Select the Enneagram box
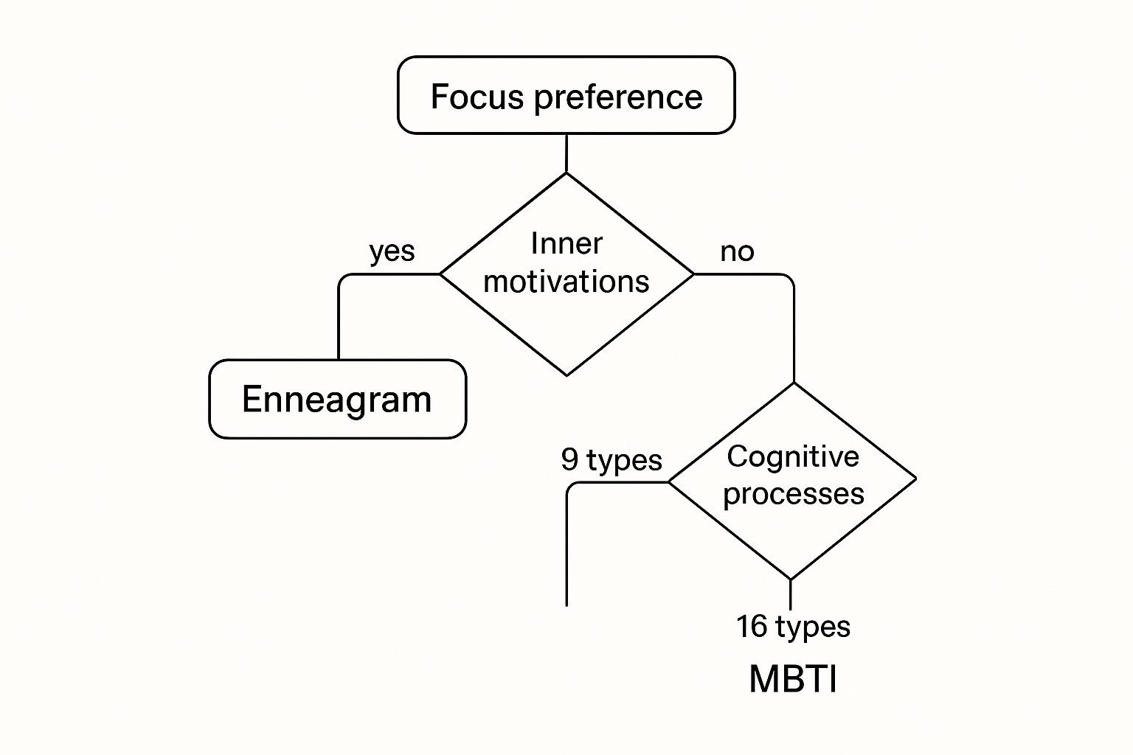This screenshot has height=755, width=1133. pos(337,399)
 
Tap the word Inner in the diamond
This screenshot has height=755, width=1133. pos(566,243)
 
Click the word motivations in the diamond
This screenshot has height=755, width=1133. pos(566,282)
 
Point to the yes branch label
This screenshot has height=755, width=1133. pos(392,251)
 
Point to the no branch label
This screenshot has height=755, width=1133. pos(737,251)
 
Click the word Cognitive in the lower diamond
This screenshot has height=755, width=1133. pos(793,456)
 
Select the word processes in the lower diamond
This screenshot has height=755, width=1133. pos(793,493)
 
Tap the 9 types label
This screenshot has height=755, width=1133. pos(611,459)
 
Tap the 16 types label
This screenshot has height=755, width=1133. pos(793,627)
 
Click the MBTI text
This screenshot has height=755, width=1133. pos(793,679)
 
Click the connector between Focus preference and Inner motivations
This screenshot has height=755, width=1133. pos(566,153)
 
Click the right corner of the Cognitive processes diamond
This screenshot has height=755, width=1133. pos(915,479)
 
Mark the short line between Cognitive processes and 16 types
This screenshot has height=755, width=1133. pos(791,594)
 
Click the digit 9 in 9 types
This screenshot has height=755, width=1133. pos(569,459)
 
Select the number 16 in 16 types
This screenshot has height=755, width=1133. pos(752,627)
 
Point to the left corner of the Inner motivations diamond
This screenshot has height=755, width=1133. pos(440,274)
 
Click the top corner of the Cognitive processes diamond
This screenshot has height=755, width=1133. pos(794,383)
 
